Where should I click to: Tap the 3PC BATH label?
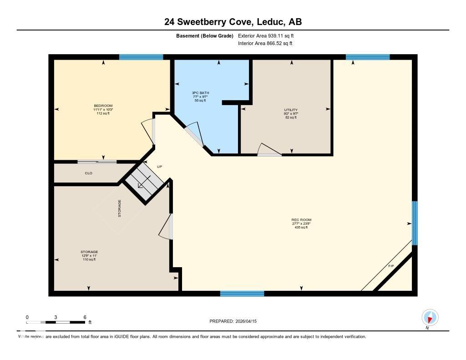pos(200,93)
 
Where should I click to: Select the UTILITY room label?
pos(290,110)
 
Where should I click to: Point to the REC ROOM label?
pos(301,220)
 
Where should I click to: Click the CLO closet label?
pos(88,173)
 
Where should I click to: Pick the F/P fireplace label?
pos(391,265)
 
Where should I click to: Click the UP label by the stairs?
pos(159,167)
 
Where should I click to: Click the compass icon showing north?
pos(430,317)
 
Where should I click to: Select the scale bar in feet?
pos(56,322)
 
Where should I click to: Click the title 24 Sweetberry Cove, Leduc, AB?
pos(233,22)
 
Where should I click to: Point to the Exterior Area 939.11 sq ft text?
pos(269,35)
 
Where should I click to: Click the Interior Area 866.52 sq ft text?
pos(265,44)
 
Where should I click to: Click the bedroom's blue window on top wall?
pos(141,57)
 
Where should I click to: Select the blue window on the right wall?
pos(414,223)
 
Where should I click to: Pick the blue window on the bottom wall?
pos(242,294)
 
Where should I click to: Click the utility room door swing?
pos(269,150)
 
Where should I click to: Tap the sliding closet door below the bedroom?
pos(96,162)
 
